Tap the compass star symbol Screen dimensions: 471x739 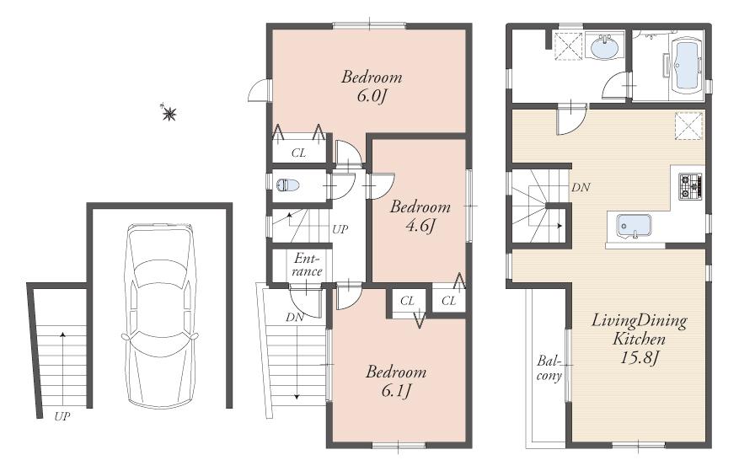169,112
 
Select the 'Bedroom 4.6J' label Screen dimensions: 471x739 420,216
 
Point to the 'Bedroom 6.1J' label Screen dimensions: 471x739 395,381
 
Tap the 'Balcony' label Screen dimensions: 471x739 549,368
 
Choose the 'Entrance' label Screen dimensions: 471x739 308,265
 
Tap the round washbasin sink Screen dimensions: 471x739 603,48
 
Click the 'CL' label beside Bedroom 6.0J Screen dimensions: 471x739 298,153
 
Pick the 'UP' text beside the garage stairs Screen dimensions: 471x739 62,416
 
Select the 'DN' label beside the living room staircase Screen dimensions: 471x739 580,188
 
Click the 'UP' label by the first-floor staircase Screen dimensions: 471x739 340,228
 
